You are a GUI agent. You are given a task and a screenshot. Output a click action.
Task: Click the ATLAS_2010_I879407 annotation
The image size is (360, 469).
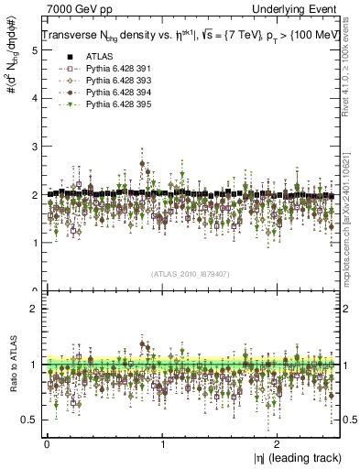click(x=191, y=274)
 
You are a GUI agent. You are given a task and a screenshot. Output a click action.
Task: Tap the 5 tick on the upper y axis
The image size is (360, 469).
click(x=35, y=51)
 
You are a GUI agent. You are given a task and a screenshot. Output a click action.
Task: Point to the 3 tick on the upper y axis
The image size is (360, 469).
click(x=35, y=147)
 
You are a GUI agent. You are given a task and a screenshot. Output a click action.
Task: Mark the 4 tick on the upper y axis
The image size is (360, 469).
click(x=35, y=99)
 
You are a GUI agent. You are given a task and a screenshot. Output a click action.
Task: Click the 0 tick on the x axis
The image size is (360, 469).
click(x=47, y=444)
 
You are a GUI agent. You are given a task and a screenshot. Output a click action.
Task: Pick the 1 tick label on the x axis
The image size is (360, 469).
click(x=162, y=444)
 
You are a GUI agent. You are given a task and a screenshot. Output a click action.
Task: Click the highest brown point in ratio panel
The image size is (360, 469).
click(x=142, y=344)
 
